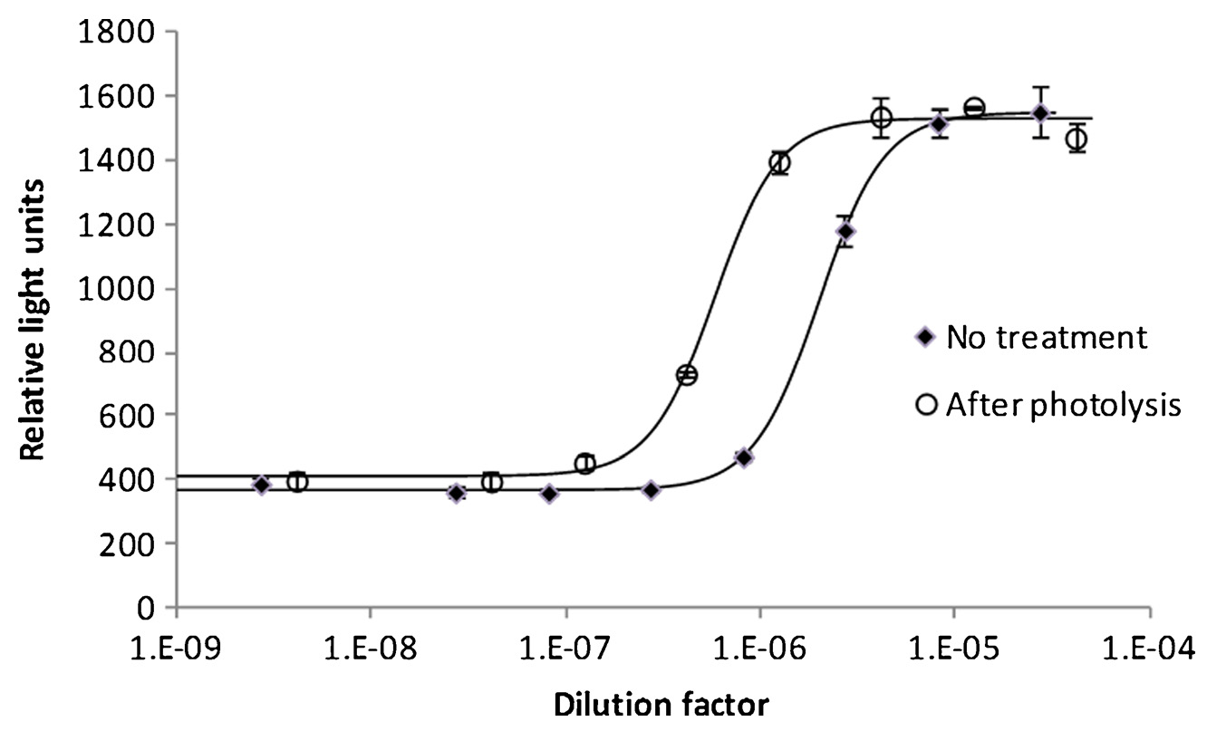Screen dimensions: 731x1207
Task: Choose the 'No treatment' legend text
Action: [x=1047, y=338]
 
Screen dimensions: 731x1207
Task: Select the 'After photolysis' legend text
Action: [x=1063, y=404]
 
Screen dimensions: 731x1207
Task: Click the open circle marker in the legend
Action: [x=925, y=405]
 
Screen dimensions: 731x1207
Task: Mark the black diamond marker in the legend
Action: [x=925, y=338]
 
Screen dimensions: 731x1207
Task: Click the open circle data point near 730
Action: [x=687, y=375]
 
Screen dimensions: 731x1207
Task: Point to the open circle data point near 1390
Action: [x=779, y=163]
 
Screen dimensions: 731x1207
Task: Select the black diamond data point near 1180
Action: [x=845, y=231]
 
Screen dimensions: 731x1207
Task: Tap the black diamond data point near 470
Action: [x=744, y=458]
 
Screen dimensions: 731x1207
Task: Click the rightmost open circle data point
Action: [x=1077, y=139]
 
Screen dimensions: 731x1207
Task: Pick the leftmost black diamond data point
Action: [x=262, y=485]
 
